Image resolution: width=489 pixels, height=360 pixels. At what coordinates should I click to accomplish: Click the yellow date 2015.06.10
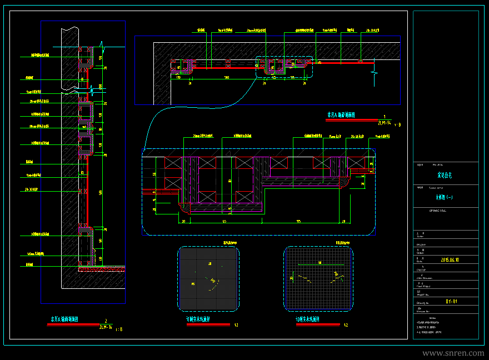pyautogui.click(x=450, y=259)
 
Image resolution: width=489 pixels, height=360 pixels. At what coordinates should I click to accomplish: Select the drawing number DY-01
pyautogui.click(x=451, y=302)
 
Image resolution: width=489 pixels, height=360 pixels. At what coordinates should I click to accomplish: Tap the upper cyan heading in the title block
pyautogui.click(x=445, y=175)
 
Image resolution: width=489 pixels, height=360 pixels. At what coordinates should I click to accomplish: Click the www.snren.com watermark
pyautogui.click(x=453, y=353)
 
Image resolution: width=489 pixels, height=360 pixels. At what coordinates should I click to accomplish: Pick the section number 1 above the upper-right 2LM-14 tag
pyautogui.click(x=384, y=117)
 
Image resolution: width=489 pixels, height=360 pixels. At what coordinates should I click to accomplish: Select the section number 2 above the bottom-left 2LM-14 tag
pyautogui.click(x=106, y=321)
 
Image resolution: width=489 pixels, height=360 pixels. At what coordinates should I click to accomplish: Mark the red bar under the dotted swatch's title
pyautogui.click(x=208, y=324)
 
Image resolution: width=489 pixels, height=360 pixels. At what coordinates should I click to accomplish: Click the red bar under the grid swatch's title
pyautogui.click(x=317, y=324)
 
